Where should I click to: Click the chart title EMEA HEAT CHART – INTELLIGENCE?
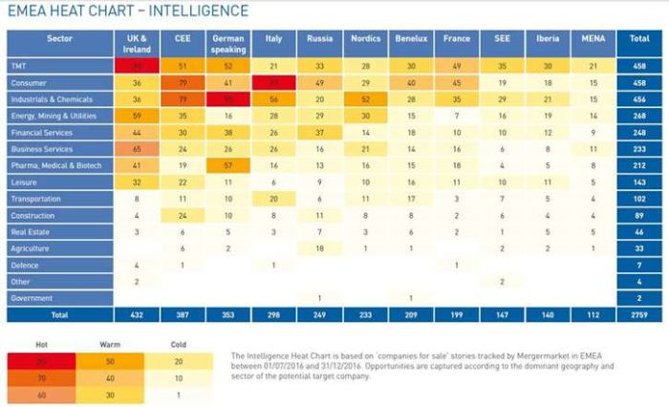click(x=126, y=11)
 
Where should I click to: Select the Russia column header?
click(x=318, y=39)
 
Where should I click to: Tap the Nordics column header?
click(x=363, y=39)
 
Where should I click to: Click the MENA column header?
click(x=593, y=39)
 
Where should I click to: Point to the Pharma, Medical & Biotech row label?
click(x=55, y=166)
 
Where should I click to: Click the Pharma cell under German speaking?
click(x=227, y=166)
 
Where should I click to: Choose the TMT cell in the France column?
click(x=457, y=66)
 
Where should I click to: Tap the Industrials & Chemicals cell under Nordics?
click(x=363, y=99)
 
